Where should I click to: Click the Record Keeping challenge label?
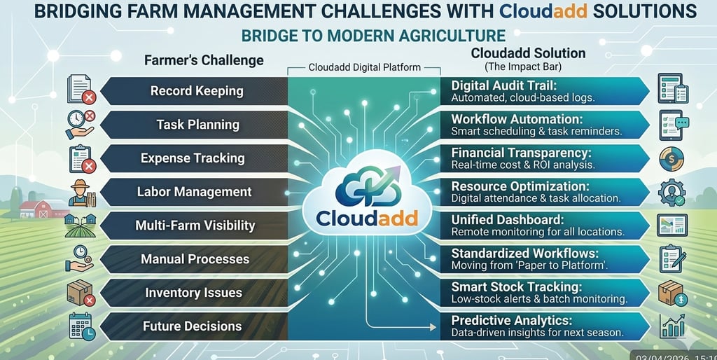click(197, 91)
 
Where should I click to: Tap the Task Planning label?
click(197, 125)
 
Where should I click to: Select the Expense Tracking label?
click(193, 158)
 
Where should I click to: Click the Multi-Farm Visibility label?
click(195, 226)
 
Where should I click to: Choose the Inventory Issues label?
click(193, 293)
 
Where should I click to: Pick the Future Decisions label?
click(192, 326)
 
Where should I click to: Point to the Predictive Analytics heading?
click(513, 320)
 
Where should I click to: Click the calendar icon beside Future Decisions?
click(81, 326)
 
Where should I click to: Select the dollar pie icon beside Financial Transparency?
click(671, 158)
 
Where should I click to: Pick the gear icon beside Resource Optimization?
click(671, 192)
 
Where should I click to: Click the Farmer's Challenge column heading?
click(204, 60)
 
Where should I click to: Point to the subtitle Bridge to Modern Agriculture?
click(373, 36)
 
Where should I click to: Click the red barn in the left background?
click(34, 209)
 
